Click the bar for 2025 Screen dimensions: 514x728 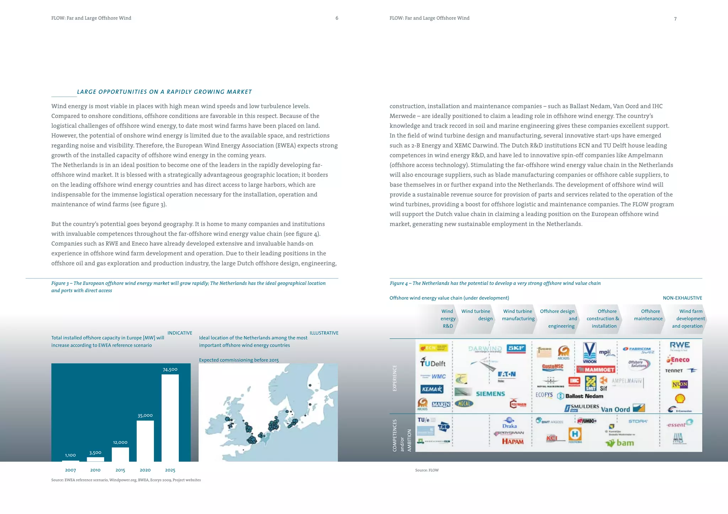(170, 418)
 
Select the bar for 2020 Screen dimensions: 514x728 (145, 441)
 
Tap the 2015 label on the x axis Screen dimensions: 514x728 (120, 470)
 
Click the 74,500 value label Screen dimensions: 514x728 (170, 370)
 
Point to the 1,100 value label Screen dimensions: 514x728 (70, 455)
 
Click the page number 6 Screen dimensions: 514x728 (337, 18)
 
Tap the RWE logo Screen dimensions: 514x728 (680, 346)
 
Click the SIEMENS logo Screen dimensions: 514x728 (490, 394)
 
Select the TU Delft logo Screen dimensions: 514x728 (433, 363)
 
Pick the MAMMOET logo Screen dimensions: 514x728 (596, 370)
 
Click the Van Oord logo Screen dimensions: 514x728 (615, 409)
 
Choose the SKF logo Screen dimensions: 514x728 (516, 348)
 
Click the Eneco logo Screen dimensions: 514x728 (678, 360)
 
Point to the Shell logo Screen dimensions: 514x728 (680, 398)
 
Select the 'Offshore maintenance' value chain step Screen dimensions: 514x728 (648, 315)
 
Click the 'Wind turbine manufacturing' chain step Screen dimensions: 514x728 (518, 315)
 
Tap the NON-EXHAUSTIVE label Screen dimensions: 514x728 (682, 298)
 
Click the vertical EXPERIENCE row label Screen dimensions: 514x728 (395, 378)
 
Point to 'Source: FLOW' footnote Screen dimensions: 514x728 (427, 470)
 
